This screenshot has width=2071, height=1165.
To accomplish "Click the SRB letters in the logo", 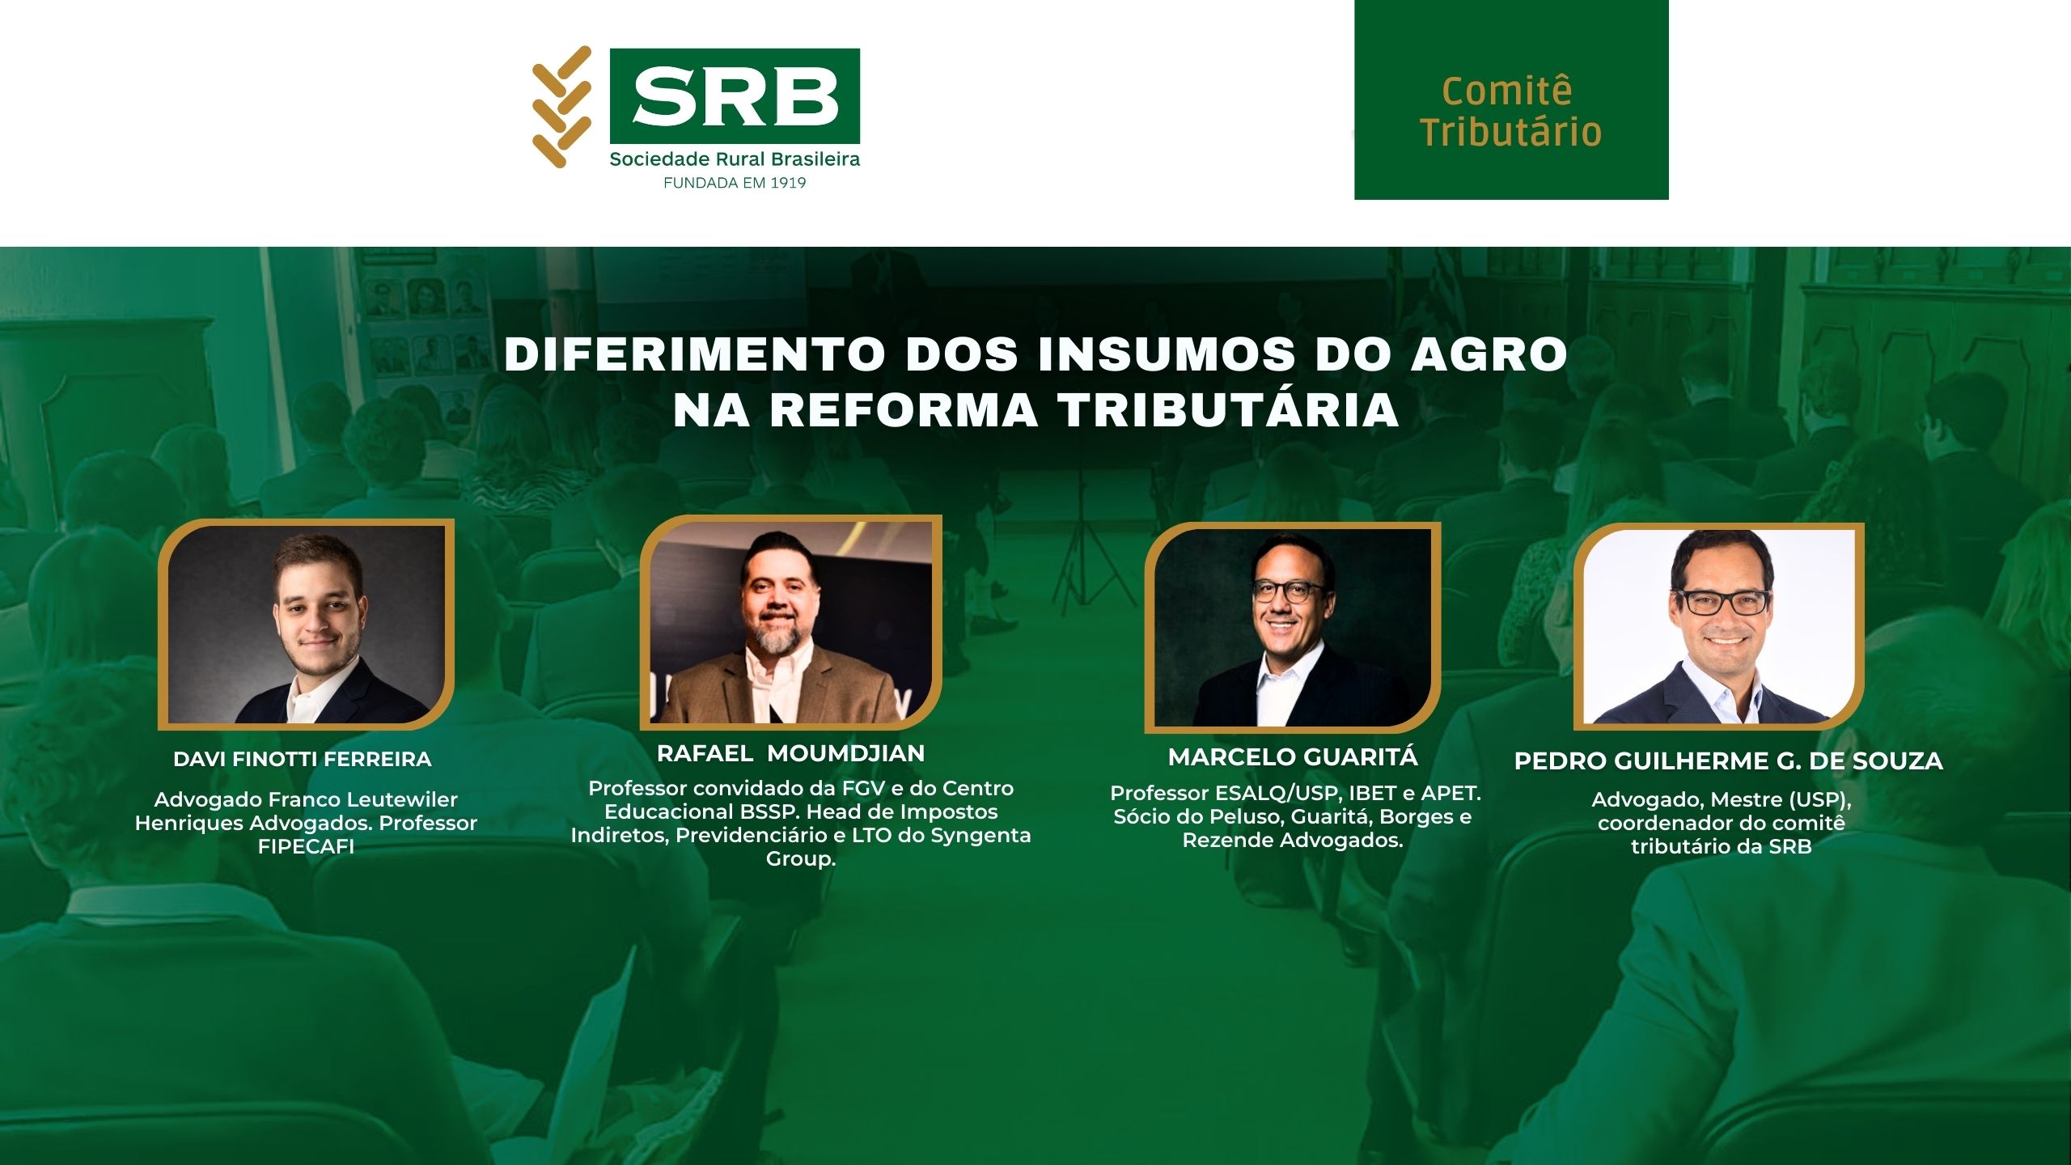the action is (735, 96).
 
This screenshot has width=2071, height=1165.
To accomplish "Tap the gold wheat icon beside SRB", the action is (561, 107).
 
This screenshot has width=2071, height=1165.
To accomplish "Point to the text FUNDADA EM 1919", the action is (735, 183).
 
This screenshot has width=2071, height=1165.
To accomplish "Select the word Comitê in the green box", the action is (1507, 90).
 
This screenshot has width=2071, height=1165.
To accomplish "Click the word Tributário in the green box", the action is (1511, 132).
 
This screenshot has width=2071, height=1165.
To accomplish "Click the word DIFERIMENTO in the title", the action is (696, 354).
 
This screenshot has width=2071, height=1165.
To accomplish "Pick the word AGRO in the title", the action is (1489, 354).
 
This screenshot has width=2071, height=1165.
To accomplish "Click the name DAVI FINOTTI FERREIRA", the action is (303, 760).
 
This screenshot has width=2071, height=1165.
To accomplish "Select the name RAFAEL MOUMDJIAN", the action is (790, 754).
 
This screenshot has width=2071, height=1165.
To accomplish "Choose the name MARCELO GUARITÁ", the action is (1293, 757).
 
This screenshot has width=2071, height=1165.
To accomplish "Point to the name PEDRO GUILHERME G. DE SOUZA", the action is (1728, 761).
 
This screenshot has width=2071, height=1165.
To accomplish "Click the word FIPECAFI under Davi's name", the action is (306, 847).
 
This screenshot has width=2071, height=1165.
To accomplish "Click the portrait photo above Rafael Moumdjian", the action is (790, 621).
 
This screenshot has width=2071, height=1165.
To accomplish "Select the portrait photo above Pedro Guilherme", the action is (1719, 626).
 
